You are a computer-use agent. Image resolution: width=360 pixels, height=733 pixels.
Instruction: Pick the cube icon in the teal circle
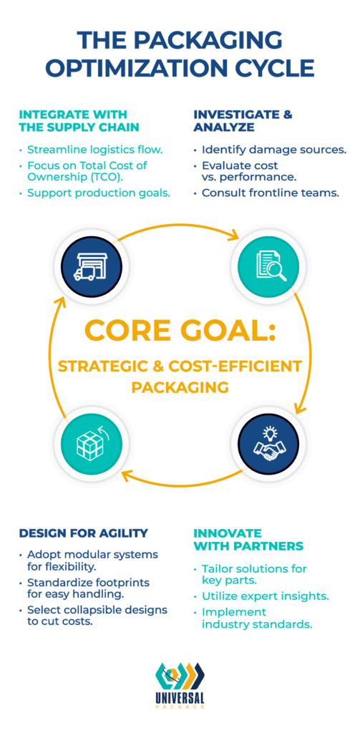point(92,441)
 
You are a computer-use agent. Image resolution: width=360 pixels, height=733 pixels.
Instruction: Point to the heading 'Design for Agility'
point(84,533)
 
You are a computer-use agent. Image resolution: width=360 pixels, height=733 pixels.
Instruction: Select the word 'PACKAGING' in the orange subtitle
point(180,387)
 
